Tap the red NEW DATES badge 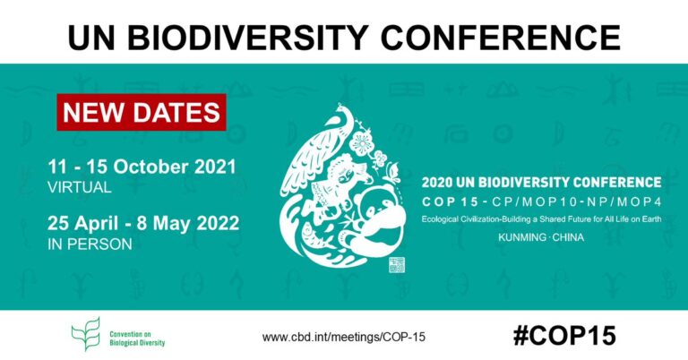click(142, 113)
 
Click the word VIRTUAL click(81, 188)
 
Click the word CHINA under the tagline click(566, 240)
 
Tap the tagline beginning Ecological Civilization click(541, 220)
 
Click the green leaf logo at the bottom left click(84, 336)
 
